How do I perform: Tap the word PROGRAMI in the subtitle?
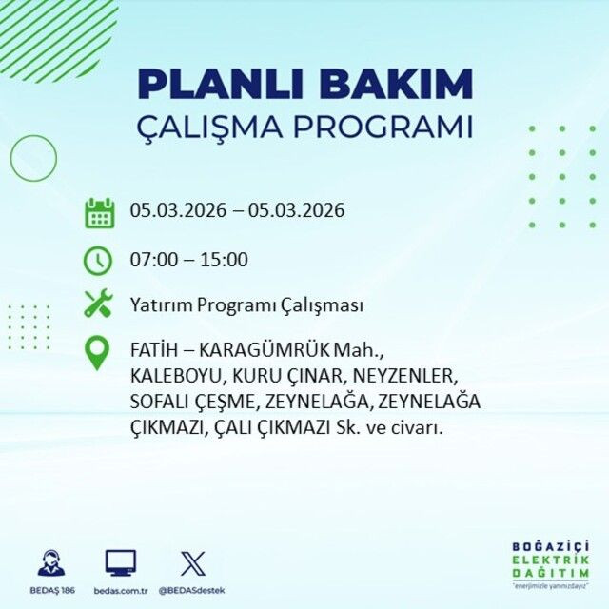(x=385, y=128)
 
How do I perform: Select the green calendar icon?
(x=99, y=211)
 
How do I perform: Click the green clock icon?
(x=99, y=259)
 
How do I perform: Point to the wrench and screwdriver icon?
(x=99, y=304)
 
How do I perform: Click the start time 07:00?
(x=152, y=260)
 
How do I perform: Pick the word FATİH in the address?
(x=152, y=349)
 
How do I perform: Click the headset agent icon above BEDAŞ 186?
(x=51, y=562)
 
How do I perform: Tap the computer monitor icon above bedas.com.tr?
(x=120, y=562)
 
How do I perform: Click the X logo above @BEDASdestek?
(x=192, y=562)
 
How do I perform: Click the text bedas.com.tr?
(x=121, y=590)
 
